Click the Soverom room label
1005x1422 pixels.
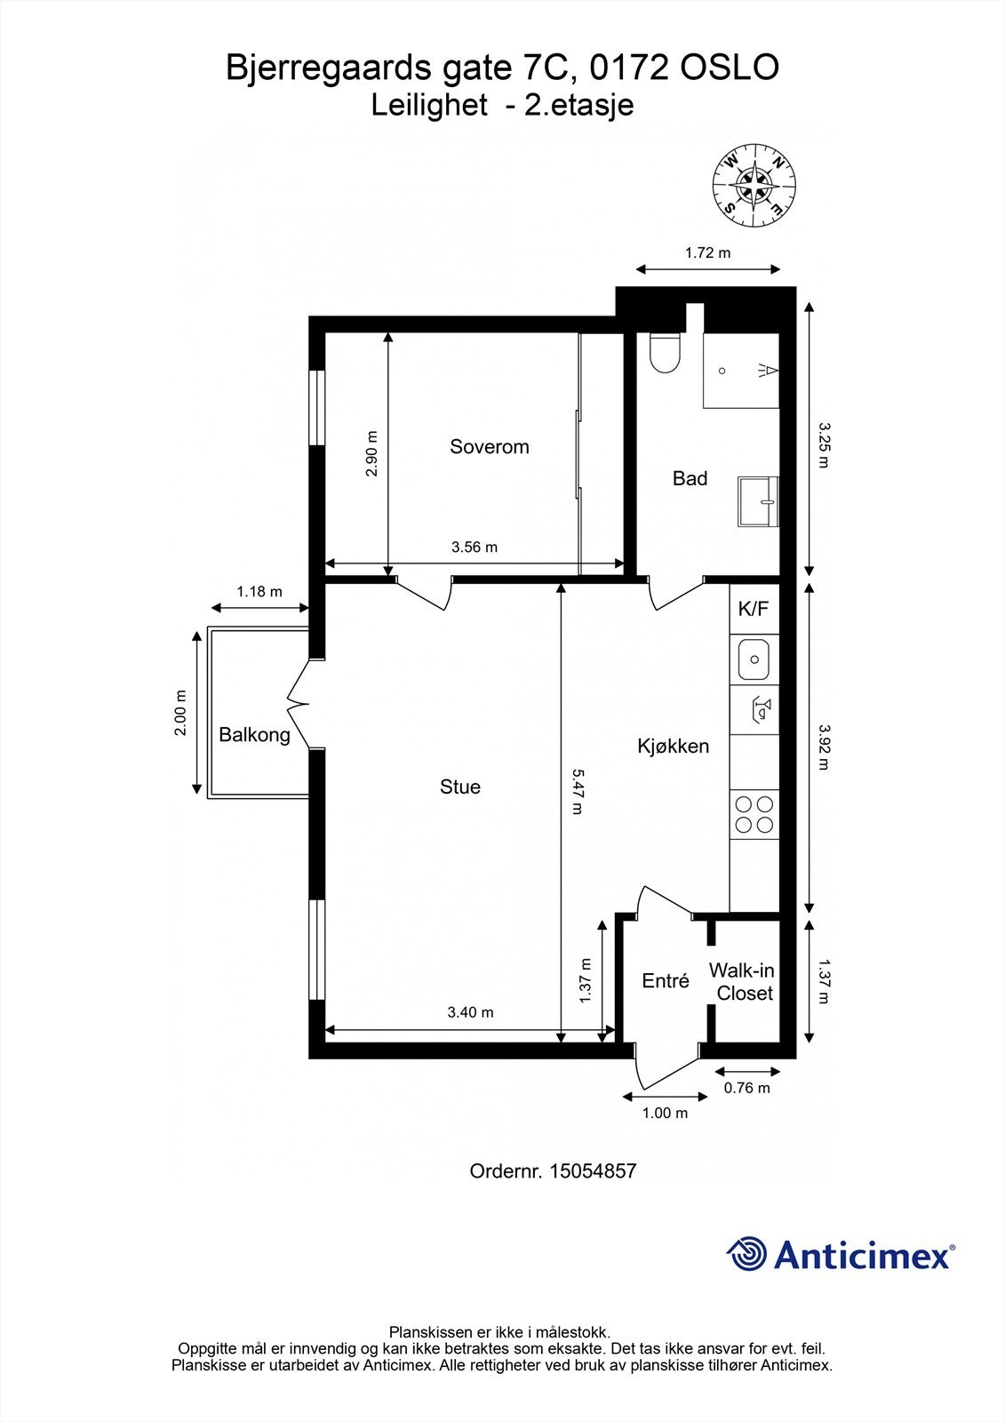click(489, 447)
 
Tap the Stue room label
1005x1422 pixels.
click(460, 787)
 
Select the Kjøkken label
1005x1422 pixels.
click(673, 746)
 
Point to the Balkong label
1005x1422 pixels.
click(254, 735)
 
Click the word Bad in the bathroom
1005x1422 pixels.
click(690, 479)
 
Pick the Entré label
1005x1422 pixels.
click(666, 981)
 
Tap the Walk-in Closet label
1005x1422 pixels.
click(741, 981)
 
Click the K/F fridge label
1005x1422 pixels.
click(754, 610)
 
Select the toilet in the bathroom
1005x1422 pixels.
click(665, 353)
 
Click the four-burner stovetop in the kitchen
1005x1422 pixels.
click(754, 814)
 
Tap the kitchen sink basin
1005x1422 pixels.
click(754, 659)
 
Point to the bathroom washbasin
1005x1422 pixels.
click(759, 501)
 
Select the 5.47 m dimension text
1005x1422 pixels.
click(577, 792)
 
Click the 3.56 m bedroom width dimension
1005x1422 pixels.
click(475, 547)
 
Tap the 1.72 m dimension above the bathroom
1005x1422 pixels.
click(708, 253)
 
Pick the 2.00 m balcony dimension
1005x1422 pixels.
click(181, 712)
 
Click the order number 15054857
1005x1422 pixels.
click(593, 1171)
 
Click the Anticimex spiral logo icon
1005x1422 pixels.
click(746, 1254)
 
